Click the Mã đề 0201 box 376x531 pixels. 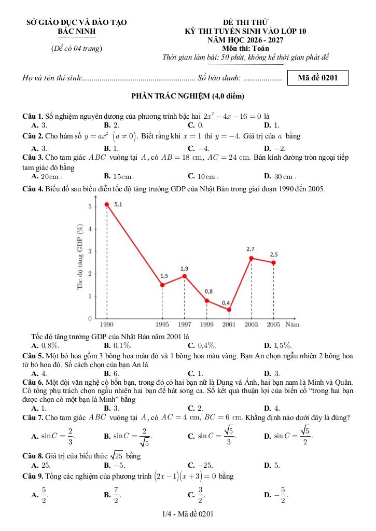[x=318, y=78]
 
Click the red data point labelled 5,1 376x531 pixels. [x=107, y=204]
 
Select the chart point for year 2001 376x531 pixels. [x=229, y=310]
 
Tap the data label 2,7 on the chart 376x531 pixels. [x=250, y=249]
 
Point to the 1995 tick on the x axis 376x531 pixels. [x=162, y=324]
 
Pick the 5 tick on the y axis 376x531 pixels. [x=89, y=206]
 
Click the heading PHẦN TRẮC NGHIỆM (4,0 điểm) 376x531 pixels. [x=188, y=96]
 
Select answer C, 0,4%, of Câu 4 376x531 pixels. [x=202, y=345]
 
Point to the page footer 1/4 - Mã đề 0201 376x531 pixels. [x=188, y=513]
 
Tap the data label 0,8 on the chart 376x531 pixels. [x=208, y=291]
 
